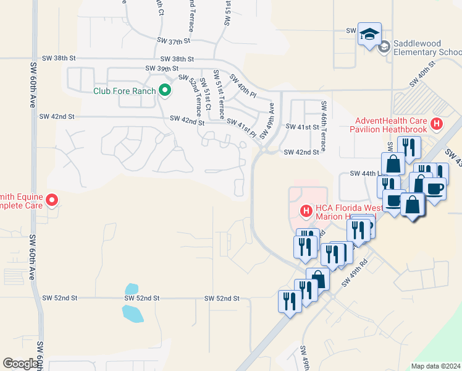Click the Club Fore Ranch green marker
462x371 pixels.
pyautogui.click(x=165, y=91)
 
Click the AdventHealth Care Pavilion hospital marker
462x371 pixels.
pyautogui.click(x=437, y=124)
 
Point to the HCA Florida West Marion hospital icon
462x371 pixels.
pyautogui.click(x=305, y=211)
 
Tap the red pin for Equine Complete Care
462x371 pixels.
pyautogui.click(x=52, y=200)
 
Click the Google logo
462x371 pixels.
pyautogui.click(x=22, y=364)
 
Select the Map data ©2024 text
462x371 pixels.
pyautogui.click(x=435, y=366)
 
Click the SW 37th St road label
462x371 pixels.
pyautogui.click(x=175, y=40)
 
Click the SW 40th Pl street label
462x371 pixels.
pyautogui.click(x=242, y=86)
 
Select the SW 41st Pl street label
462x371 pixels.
pyautogui.click(x=241, y=127)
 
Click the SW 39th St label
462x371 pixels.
pyautogui.click(x=162, y=68)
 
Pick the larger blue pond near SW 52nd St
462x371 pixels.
pyautogui.click(x=133, y=313)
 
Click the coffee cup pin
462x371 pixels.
pyautogui.click(x=434, y=189)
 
